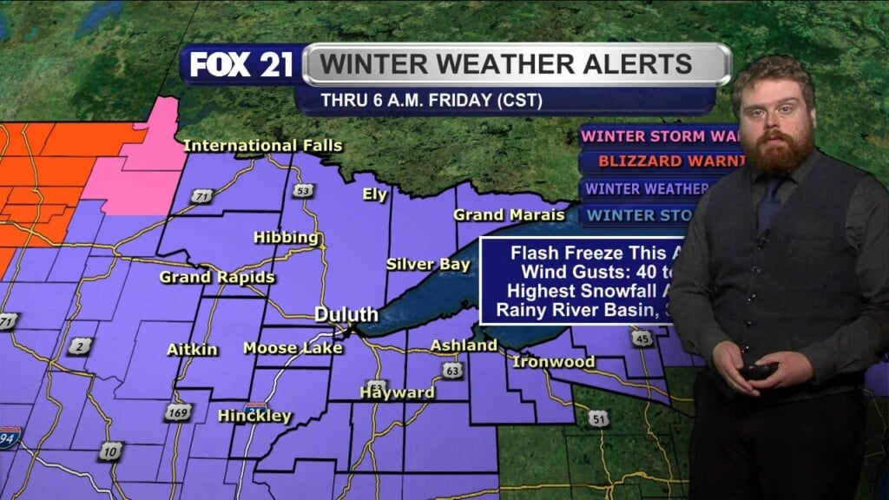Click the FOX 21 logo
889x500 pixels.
[241, 66]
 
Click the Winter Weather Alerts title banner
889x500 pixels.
[517, 64]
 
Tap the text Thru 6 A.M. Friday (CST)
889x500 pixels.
[431, 101]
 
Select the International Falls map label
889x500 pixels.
[263, 145]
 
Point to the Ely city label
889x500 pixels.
[375, 194]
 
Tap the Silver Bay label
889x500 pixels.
[429, 264]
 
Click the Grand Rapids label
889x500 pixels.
[217, 278]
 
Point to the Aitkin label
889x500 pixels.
[192, 350]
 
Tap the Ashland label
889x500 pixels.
[464, 345]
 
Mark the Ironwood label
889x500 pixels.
[554, 361]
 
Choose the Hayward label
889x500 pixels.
[398, 392]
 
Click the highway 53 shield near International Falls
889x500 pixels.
[302, 190]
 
